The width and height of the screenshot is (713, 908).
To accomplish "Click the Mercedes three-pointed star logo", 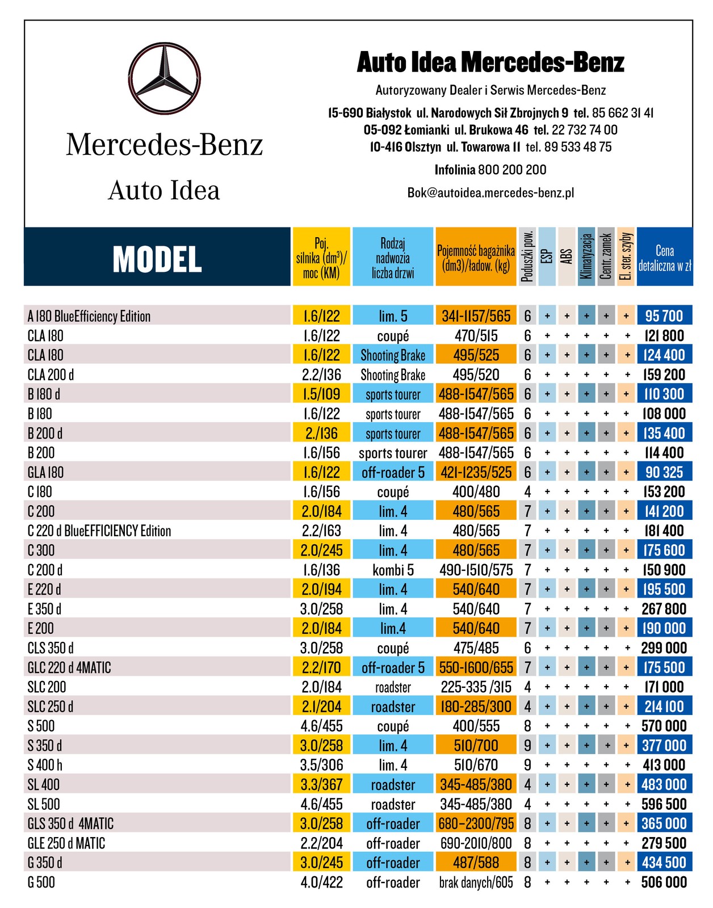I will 165,77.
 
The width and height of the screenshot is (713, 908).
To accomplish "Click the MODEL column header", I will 157,258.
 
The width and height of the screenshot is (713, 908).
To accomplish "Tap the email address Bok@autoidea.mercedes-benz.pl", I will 490,192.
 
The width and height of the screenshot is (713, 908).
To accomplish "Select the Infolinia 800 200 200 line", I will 490,170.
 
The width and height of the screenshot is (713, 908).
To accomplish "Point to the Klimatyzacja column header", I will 586,257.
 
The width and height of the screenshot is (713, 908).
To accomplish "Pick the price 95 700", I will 664,316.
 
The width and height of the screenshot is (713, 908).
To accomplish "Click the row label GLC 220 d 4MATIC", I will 69,667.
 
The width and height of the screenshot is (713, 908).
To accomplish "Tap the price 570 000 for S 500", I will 664,726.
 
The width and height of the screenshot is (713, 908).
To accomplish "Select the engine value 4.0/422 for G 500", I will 322,882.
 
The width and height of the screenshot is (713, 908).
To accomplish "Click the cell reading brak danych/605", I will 476,882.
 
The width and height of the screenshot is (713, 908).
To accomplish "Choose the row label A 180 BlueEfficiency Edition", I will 89,316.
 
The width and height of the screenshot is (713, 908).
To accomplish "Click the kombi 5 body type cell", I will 393,570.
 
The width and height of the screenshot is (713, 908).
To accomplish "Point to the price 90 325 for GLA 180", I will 664,472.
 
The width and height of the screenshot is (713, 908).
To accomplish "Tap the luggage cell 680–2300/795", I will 476,823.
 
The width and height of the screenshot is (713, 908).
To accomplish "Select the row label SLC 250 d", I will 51,707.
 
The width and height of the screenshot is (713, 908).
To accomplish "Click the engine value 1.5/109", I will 322,394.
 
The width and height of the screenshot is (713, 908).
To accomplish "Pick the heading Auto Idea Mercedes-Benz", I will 490,62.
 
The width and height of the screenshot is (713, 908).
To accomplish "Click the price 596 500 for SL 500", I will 664,804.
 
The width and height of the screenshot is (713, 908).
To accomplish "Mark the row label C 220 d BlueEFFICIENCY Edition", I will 99,531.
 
